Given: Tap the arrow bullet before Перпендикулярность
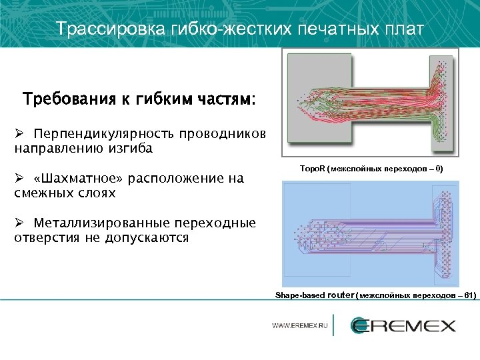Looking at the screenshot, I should (x=19, y=133).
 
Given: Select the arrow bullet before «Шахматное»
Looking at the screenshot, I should (x=19, y=178).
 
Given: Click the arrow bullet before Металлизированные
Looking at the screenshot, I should (x=19, y=223).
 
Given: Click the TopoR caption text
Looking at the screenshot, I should (x=371, y=170).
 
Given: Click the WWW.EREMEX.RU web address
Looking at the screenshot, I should (x=300, y=326).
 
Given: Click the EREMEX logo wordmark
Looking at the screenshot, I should (x=403, y=325).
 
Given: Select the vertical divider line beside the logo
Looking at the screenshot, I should (x=334, y=325).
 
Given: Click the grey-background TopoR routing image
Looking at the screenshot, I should (x=370, y=104).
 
